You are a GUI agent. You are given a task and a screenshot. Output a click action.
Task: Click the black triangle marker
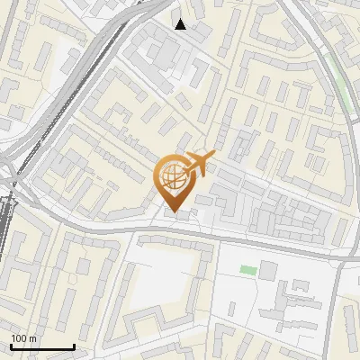point(181,24)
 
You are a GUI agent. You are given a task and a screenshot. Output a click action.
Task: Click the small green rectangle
point(247,270)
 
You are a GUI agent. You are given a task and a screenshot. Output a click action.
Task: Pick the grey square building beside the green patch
point(268,270)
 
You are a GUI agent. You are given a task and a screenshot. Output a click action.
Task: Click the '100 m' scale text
point(23,338)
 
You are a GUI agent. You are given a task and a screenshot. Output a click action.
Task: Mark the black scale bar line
point(42,346)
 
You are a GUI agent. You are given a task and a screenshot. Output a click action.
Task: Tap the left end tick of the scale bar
point(11,345)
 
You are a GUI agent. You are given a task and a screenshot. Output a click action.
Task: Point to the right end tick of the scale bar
point(74,345)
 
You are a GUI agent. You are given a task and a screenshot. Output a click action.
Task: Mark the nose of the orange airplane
point(214,157)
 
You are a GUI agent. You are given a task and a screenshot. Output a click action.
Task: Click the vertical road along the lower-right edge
point(340,306)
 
